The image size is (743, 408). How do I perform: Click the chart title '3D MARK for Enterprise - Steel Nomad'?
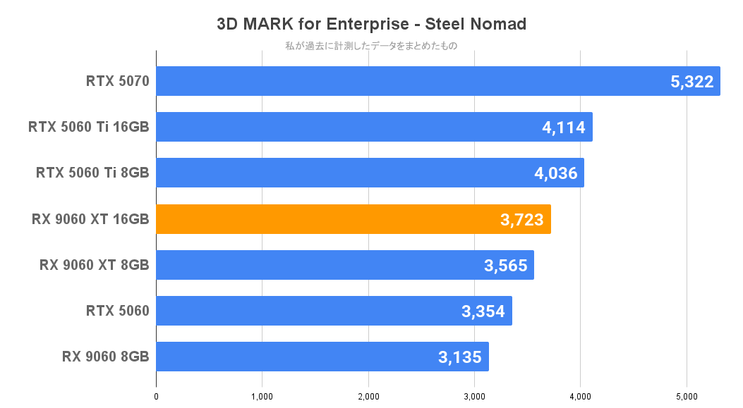coord(371,24)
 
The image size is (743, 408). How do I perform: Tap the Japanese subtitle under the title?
coord(371,47)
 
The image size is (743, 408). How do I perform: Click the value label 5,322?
coord(691,82)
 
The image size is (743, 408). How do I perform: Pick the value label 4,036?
coord(555,173)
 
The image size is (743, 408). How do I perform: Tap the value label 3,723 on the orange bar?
coord(522,220)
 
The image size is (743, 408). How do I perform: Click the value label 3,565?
coord(505,266)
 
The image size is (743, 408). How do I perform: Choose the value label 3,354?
coord(483,311)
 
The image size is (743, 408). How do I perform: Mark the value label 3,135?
coord(460,357)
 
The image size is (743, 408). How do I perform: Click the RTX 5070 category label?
coord(117,81)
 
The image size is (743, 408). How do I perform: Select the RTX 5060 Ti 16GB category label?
coord(88,127)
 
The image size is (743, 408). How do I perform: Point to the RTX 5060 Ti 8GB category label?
coord(92,173)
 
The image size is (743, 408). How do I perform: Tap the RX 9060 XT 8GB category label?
coord(95,265)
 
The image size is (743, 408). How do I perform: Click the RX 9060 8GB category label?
coord(105,357)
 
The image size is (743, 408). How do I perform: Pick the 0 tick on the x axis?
coord(156,397)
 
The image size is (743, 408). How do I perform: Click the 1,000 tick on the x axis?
coord(262,397)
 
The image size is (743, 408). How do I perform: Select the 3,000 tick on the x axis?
coord(474,397)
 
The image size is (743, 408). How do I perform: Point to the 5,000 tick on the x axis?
coord(687,397)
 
